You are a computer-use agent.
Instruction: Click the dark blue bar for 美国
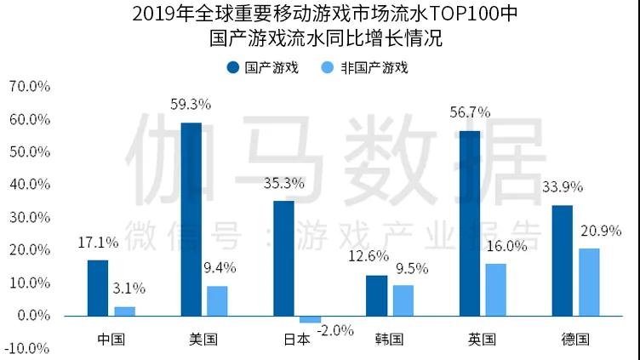(x=191, y=219)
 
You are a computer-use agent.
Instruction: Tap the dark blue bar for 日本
(x=283, y=258)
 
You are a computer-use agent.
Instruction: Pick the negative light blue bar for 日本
(x=310, y=319)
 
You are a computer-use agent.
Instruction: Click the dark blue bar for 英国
(x=469, y=223)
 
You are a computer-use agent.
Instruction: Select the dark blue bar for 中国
(x=98, y=288)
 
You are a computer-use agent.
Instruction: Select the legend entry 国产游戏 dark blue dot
(x=231, y=67)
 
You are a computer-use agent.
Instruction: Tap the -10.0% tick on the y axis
(x=28, y=348)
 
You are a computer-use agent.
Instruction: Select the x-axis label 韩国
(x=389, y=339)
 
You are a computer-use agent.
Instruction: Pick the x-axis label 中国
(x=111, y=339)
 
